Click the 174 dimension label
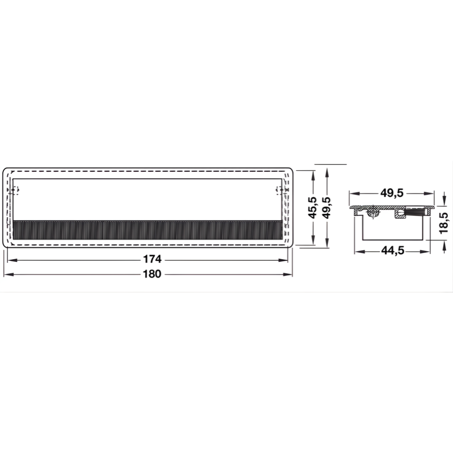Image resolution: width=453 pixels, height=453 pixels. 152,259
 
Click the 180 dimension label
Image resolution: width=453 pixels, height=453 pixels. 152,273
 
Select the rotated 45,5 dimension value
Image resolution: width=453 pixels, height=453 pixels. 312,208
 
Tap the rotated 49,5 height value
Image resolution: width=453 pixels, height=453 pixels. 326,208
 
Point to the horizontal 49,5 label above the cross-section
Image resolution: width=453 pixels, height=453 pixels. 391,193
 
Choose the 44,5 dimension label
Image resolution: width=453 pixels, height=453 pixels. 393,250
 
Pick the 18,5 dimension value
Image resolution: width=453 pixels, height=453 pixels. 443,223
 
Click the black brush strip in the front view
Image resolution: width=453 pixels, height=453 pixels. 148,230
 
